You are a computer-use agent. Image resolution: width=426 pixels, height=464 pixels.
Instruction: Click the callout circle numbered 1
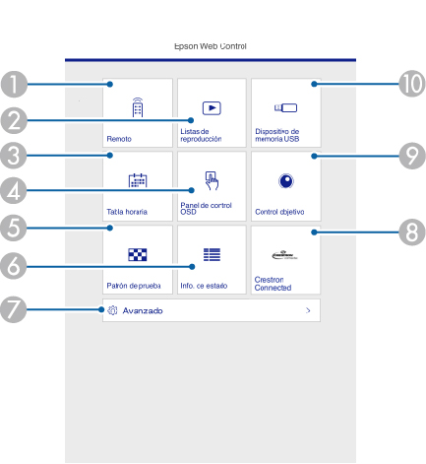[14, 85]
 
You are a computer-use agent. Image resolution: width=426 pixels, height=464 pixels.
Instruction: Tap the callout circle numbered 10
[412, 84]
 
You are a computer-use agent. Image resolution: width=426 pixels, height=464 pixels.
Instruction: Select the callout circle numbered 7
[14, 309]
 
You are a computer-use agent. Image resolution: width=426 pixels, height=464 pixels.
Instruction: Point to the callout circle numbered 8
[412, 232]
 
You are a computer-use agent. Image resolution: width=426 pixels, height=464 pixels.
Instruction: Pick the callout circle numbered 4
[14, 190]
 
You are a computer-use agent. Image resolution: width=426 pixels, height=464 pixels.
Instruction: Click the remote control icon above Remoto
[138, 107]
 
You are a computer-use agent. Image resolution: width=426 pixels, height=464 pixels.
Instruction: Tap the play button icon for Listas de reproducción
[212, 108]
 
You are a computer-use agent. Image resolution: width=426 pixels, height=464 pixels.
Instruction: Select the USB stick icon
[285, 107]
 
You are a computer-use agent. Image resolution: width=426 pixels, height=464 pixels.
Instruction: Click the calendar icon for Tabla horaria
[138, 180]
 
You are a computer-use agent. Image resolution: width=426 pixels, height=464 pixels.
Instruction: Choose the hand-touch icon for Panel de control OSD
[212, 180]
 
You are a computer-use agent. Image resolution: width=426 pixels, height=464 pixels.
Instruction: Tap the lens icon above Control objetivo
[286, 181]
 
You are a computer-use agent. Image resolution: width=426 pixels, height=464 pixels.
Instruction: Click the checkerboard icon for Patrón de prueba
[138, 254]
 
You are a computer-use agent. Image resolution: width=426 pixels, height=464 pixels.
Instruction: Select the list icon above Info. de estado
[212, 254]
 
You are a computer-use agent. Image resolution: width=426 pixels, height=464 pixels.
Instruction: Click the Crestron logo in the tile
[284, 255]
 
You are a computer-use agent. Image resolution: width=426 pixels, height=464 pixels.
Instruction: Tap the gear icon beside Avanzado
[112, 310]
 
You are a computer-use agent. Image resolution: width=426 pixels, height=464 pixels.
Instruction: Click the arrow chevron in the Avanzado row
[308, 310]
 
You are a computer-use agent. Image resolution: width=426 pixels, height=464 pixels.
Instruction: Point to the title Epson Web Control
[211, 46]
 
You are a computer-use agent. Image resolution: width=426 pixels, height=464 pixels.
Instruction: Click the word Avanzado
[143, 310]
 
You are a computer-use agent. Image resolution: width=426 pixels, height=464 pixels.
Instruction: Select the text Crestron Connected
[273, 284]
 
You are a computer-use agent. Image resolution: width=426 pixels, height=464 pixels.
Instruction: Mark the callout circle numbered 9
[412, 156]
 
